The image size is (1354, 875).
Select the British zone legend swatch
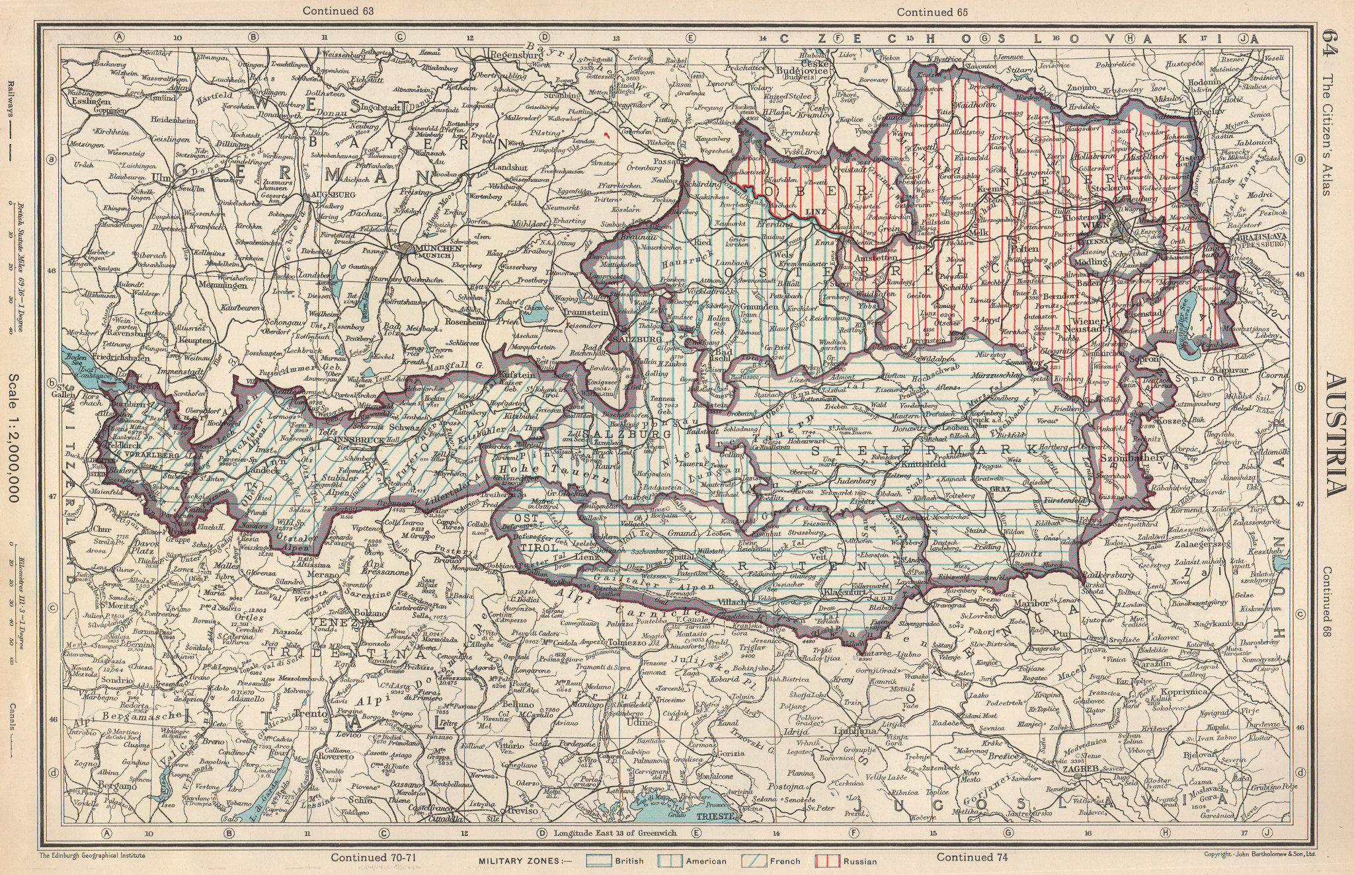click(x=600, y=861)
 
